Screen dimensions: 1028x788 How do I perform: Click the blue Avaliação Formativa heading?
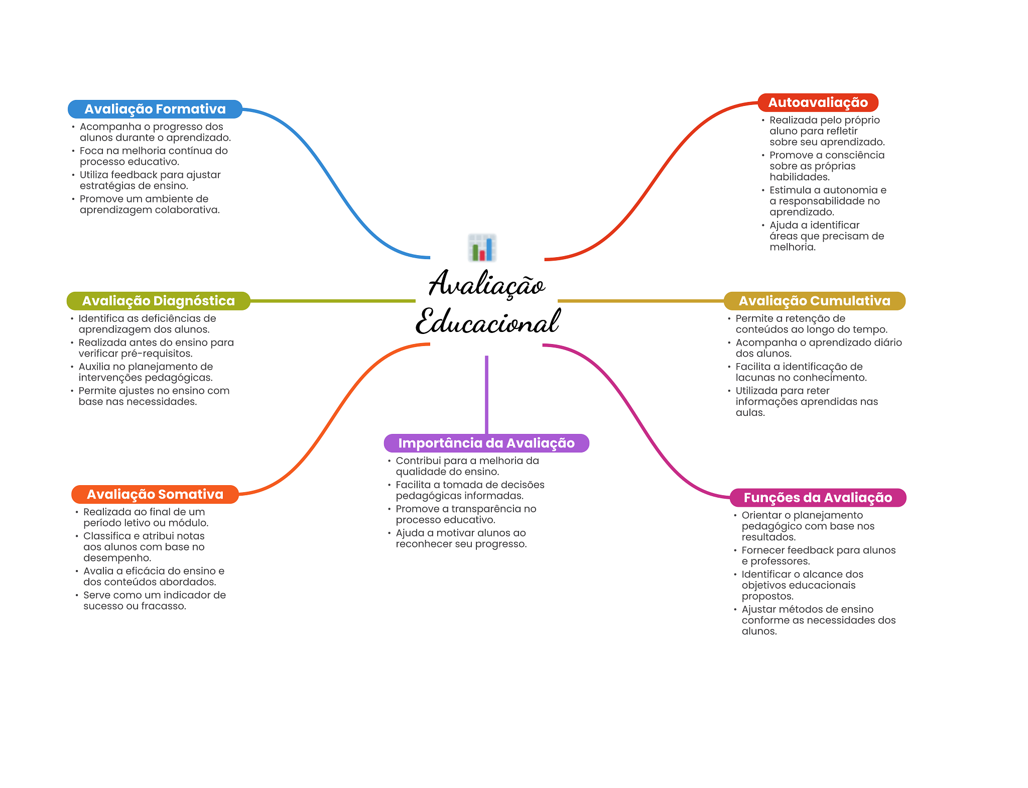(155, 109)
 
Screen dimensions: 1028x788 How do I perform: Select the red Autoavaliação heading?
(818, 102)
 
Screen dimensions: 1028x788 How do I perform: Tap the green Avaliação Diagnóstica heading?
(158, 301)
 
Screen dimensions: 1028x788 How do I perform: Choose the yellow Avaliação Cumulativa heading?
(814, 301)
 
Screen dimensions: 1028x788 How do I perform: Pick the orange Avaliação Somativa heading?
(155, 494)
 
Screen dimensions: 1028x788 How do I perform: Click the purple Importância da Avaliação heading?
(486, 443)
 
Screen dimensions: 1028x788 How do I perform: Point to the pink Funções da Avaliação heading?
(817, 498)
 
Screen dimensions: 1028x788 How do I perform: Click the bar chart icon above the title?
(482, 248)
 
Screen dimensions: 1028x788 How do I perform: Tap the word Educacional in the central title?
(487, 322)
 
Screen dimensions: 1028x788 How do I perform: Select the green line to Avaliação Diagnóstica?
(331, 301)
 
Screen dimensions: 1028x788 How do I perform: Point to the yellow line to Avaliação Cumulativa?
(640, 301)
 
